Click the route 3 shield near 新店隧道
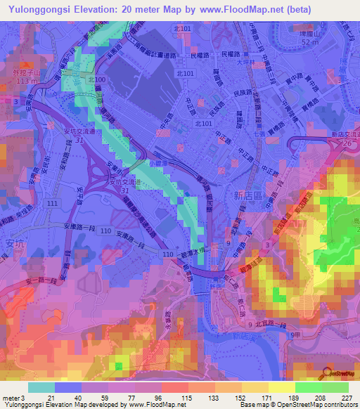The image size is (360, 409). [266, 242]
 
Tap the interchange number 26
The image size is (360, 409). [345, 143]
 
